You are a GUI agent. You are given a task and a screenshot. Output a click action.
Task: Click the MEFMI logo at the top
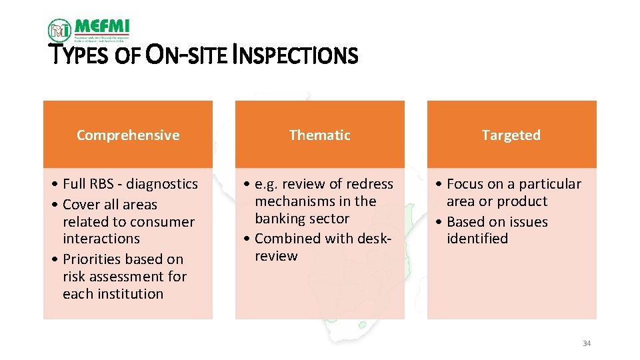point(89,29)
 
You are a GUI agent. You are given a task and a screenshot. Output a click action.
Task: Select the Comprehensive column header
point(128,135)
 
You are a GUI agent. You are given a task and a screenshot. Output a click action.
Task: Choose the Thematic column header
point(320,135)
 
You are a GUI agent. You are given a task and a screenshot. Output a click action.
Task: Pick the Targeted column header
point(511,135)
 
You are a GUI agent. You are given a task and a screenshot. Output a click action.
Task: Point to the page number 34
point(587,343)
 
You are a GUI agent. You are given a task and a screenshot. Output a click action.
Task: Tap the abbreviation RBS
point(104,184)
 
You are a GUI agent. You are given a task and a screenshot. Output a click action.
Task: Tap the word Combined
point(285,239)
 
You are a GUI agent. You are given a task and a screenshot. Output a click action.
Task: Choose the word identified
point(477,239)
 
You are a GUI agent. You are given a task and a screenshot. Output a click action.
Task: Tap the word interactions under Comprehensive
point(101,239)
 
